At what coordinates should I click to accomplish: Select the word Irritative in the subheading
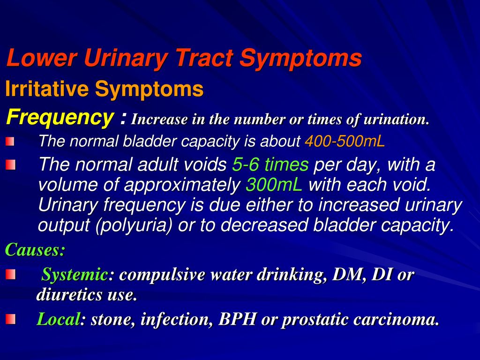47,89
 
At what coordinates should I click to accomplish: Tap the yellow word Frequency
60,118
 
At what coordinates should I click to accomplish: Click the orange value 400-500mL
345,141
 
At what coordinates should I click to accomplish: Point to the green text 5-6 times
270,165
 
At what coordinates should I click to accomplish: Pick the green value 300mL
274,185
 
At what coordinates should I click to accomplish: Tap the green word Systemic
75,274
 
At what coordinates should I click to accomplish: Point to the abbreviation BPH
237,319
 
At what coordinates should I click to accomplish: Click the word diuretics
69,294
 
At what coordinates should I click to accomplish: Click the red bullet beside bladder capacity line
10,142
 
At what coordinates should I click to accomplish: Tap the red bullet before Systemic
10,274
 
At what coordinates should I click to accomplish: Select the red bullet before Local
10,319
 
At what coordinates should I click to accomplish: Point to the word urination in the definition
397,120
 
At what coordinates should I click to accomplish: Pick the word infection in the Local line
177,320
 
